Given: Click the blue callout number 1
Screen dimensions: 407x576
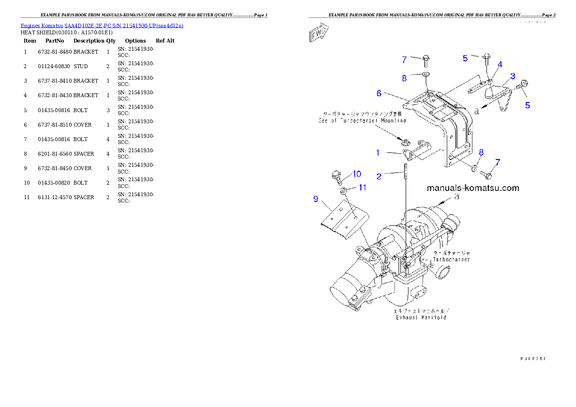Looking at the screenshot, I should pos(378,153).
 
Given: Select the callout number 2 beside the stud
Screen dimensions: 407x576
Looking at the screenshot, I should pos(379,176).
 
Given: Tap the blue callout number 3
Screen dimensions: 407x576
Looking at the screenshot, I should pos(512,76).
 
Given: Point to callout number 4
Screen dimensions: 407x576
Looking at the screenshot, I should pos(500,64).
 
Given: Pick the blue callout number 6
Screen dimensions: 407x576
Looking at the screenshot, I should pos(379,93).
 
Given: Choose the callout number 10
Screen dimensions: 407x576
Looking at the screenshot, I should pos(356,174).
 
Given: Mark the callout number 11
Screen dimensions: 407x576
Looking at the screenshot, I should pos(362,187).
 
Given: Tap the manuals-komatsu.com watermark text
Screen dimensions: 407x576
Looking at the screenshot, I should pos(473,188).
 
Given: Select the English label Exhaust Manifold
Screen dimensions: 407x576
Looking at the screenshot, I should pos(420,318).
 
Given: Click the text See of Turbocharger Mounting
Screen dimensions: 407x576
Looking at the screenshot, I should pos(362,120).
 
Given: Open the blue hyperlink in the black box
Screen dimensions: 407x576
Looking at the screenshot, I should pos(102,25).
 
